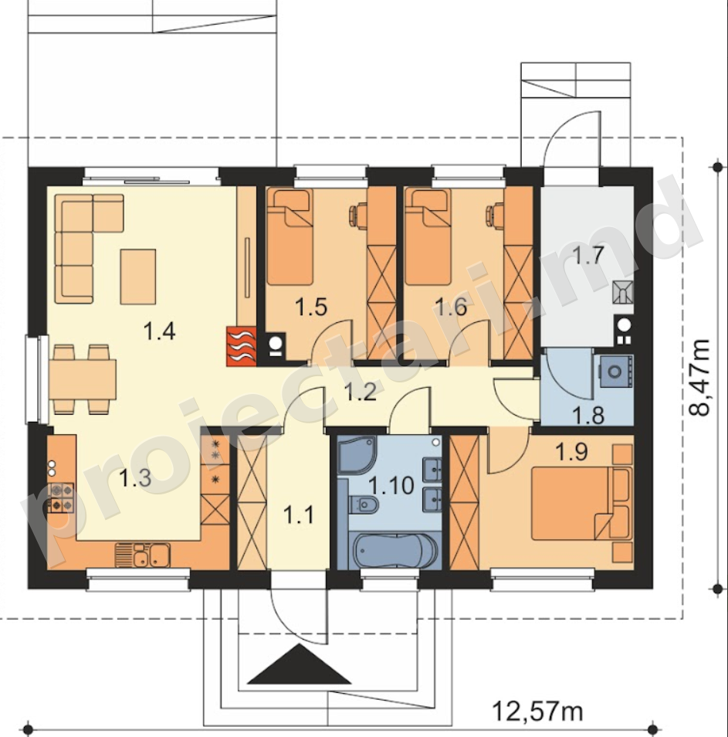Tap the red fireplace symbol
[242, 346]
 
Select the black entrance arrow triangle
[300, 664]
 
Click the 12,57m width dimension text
[538, 711]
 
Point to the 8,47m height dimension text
[699, 378]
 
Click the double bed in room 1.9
[580, 504]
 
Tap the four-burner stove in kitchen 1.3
[60, 498]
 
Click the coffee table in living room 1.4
[138, 277]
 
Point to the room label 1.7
[587, 256]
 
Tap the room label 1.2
[361, 392]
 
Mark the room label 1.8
[587, 416]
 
